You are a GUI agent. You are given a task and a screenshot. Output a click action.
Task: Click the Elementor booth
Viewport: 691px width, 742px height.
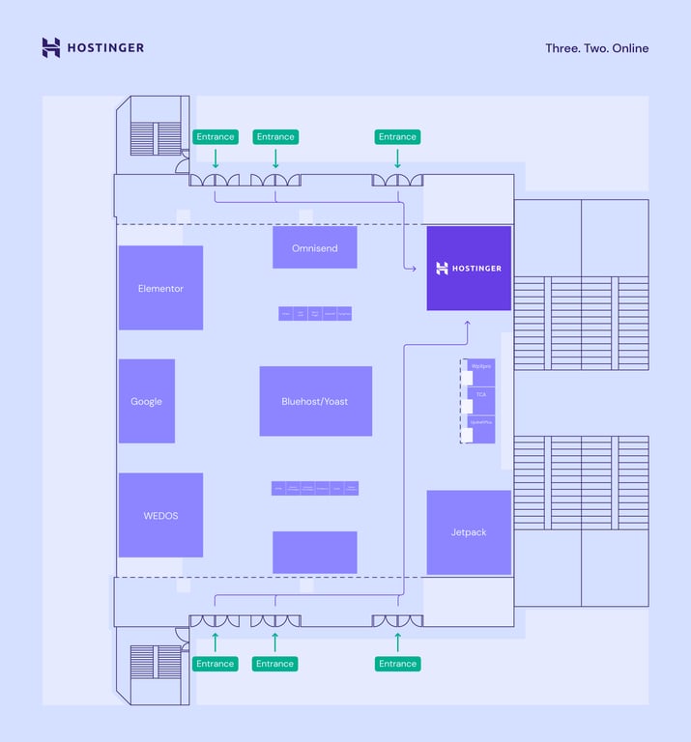pos(160,288)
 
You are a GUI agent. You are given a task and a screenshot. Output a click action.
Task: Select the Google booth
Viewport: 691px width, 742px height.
pos(147,401)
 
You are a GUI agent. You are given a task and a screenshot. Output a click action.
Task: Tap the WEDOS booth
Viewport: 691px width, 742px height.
pos(160,515)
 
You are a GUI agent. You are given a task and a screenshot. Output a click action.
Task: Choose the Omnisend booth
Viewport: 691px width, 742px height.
pos(315,247)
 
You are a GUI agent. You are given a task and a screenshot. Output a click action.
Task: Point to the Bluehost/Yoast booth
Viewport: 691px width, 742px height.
pos(315,401)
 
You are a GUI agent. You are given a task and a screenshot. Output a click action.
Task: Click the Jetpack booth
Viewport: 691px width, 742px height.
pos(469,532)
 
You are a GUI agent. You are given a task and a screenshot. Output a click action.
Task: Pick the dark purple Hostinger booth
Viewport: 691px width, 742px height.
pos(469,268)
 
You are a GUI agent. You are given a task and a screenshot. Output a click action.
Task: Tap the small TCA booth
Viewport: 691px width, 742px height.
pos(481,394)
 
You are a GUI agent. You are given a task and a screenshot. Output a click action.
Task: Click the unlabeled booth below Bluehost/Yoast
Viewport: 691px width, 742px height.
pos(315,553)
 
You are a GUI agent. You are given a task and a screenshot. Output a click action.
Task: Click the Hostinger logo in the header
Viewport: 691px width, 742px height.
pos(93,47)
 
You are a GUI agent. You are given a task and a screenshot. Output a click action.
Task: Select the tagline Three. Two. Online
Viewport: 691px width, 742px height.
pos(596,48)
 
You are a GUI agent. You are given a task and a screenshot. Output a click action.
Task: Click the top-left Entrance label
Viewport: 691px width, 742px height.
pos(216,137)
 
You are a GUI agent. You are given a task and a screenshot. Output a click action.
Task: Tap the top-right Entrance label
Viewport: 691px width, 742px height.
pos(397,137)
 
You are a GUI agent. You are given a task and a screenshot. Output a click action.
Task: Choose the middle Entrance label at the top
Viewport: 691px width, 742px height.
pos(275,137)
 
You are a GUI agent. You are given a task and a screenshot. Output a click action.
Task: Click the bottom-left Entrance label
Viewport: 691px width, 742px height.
pos(216,664)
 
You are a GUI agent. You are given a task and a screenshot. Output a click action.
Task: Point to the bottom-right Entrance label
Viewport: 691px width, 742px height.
pos(397,664)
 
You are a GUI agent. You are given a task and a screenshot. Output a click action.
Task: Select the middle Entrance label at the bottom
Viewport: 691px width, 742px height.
pos(275,664)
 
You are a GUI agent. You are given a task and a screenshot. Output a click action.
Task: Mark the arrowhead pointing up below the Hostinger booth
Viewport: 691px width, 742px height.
pos(468,326)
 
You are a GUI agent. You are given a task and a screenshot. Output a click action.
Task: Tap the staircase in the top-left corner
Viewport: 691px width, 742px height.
pos(157,138)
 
